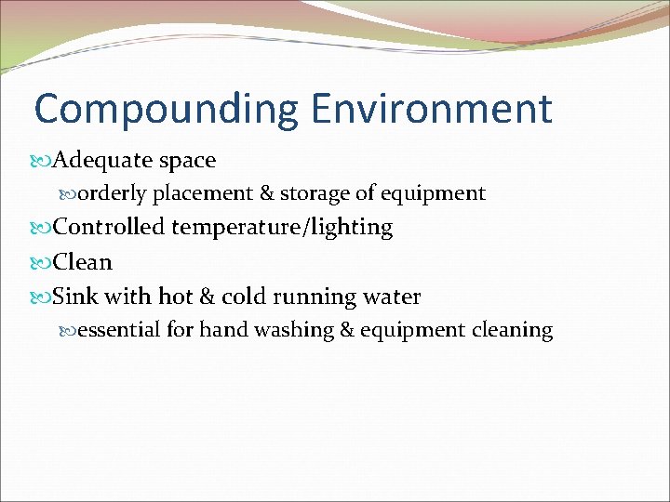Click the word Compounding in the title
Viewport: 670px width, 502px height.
(x=165, y=110)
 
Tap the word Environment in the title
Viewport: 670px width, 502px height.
(x=432, y=109)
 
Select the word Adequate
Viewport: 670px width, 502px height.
(x=102, y=161)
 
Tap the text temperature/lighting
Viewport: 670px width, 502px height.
(x=282, y=228)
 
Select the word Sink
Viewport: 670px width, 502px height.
(x=75, y=297)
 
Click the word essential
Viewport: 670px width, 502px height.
(x=118, y=330)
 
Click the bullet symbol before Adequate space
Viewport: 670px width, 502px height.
(x=43, y=161)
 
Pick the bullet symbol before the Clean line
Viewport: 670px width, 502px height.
(x=43, y=263)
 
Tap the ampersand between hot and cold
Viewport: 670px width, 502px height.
(x=206, y=297)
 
